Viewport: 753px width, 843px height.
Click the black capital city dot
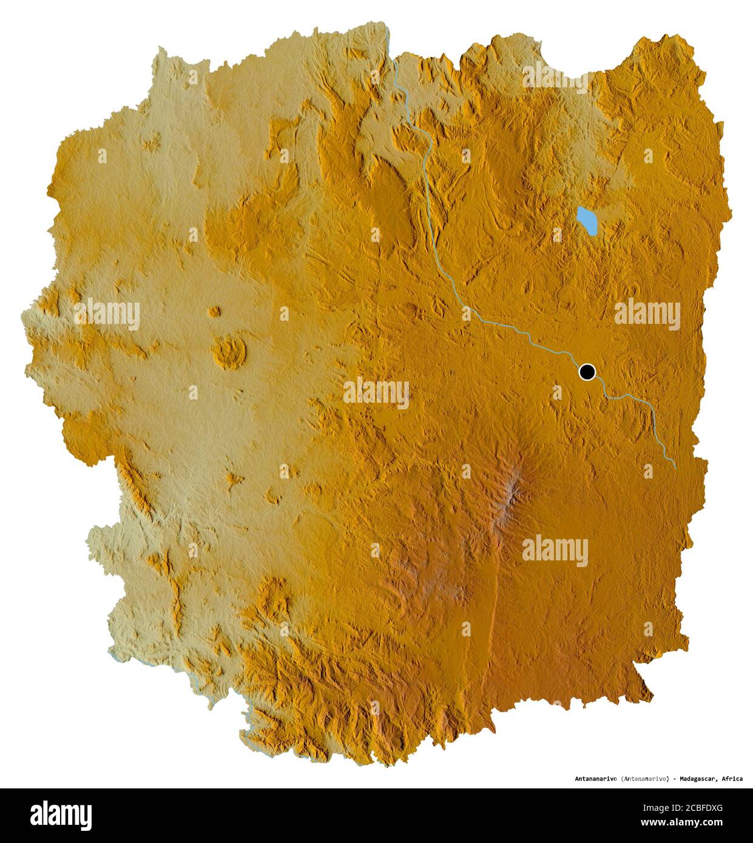pos(587,372)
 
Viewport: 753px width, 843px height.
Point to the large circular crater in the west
pos(229,353)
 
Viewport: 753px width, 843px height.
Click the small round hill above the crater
pos(214,312)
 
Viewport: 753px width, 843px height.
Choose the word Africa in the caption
pos(732,778)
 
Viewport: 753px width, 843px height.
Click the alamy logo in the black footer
pos(61,815)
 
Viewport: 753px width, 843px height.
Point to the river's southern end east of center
pos(675,465)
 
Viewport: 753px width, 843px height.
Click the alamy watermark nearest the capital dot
pos(647,314)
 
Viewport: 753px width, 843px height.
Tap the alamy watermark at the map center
pos(376,393)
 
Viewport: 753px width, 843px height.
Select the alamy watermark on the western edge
pos(107,314)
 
